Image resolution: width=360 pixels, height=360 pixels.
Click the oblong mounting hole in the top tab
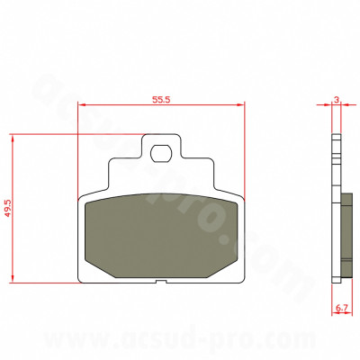[162, 151]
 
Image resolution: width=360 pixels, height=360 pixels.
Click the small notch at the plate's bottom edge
[163, 283]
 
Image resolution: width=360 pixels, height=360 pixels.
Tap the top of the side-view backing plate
[336, 137]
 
